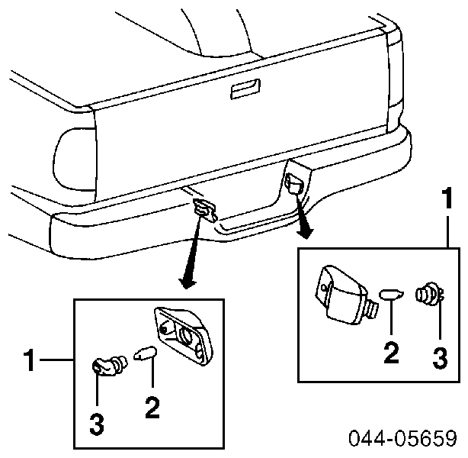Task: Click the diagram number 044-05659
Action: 403,438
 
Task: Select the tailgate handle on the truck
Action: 245,89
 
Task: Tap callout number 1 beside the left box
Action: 30,360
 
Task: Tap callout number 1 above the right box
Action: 447,198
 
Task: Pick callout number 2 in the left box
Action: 152,407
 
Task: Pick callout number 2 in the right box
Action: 391,353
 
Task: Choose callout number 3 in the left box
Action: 97,424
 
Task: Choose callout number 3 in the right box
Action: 440,357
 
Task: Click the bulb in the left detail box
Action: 145,353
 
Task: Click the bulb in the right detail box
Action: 391,295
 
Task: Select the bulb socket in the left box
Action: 109,366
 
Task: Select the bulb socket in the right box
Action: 429,294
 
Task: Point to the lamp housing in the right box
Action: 346,295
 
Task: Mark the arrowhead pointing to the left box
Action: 188,283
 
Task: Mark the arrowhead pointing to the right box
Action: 305,234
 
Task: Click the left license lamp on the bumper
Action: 205,210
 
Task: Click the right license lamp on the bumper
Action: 295,183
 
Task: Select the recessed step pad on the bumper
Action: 257,224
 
